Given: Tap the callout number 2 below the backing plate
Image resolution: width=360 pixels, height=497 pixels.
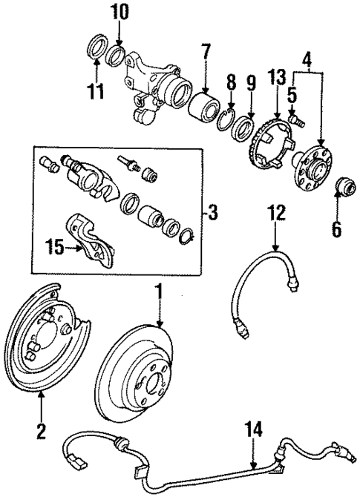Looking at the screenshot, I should (41, 430).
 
